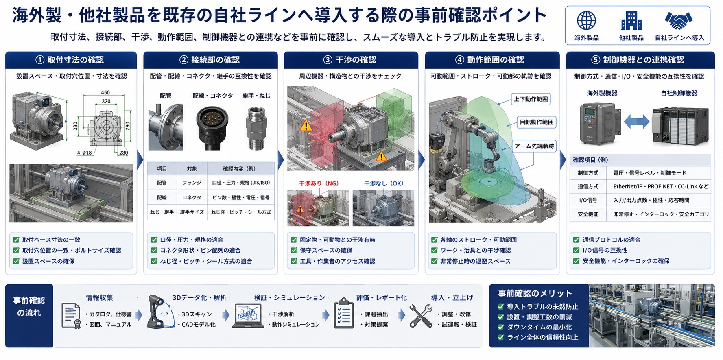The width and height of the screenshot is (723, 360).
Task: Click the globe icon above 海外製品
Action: (x=586, y=20)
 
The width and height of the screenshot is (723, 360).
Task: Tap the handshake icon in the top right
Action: (x=679, y=20)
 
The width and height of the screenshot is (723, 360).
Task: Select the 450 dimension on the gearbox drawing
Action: (x=105, y=93)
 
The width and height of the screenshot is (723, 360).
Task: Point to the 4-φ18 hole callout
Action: (x=84, y=153)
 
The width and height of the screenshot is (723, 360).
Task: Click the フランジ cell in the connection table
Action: (x=192, y=183)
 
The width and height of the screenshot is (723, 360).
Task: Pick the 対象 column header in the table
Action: (x=192, y=168)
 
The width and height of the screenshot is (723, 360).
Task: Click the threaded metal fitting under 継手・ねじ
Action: (x=256, y=128)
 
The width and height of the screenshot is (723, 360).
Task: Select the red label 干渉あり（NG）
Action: (x=319, y=183)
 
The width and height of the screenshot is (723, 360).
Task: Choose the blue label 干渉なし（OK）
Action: (x=383, y=183)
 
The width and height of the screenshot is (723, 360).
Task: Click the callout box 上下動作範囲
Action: (x=531, y=99)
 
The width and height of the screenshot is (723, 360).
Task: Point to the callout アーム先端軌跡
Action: (x=534, y=146)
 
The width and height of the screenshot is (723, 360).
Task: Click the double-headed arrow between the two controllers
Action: (x=636, y=121)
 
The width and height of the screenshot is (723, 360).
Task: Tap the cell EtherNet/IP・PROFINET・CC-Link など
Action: (x=661, y=186)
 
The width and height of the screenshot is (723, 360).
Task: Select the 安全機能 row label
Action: (x=588, y=214)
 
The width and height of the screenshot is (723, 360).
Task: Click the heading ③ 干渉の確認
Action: (x=350, y=60)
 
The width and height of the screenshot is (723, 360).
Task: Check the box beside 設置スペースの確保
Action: (x=16, y=261)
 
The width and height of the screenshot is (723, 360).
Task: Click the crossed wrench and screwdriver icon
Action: (x=421, y=316)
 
